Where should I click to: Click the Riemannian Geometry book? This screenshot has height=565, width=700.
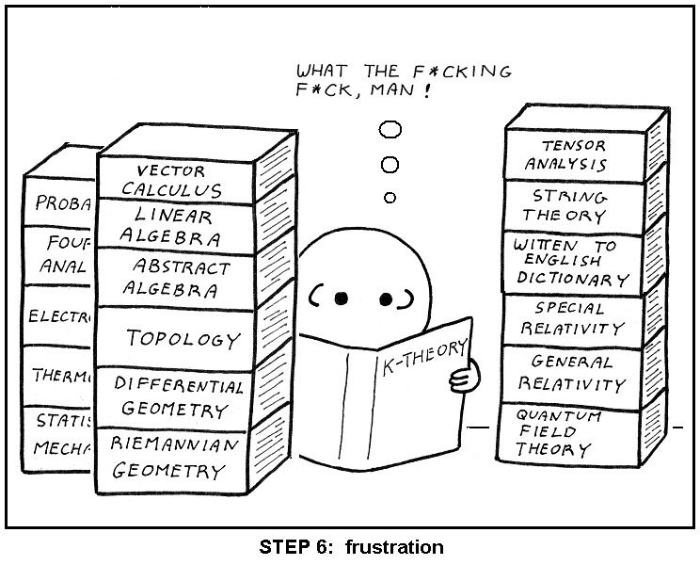coord(175,457)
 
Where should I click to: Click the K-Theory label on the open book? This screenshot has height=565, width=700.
coord(422,359)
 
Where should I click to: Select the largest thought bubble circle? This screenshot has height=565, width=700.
coord(390,129)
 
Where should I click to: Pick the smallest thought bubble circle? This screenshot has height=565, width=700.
coord(390,197)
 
